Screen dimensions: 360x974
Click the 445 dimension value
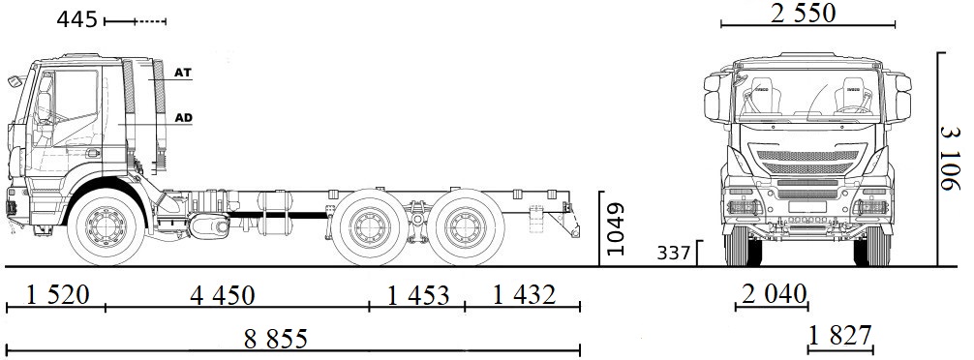(x=76, y=19)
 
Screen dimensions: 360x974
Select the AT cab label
(x=183, y=73)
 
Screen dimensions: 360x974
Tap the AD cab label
(x=183, y=118)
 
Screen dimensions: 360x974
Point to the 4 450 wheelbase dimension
(x=237, y=293)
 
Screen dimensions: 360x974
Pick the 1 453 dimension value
(x=417, y=293)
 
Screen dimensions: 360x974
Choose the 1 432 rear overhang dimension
(x=522, y=293)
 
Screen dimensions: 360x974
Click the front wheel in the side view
(x=105, y=228)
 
